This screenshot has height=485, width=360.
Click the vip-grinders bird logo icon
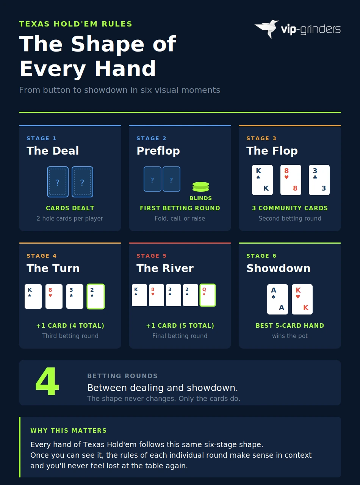[x=267, y=28]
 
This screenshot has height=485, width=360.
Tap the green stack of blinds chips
[x=201, y=187]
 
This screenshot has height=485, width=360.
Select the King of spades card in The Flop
[x=262, y=180]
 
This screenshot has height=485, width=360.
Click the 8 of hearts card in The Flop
[x=291, y=180]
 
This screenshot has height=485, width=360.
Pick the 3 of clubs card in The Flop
[x=319, y=180]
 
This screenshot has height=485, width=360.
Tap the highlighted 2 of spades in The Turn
[x=95, y=296]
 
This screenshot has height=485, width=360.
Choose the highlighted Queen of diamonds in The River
[x=208, y=295]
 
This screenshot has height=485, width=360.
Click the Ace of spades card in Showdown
[x=277, y=299]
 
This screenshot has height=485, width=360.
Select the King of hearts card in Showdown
[x=302, y=299]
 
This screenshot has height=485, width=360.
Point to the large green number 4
[x=47, y=382]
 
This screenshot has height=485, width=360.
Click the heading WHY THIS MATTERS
[x=69, y=430]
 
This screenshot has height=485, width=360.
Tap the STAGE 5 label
[x=152, y=256]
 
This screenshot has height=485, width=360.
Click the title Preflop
[x=158, y=151]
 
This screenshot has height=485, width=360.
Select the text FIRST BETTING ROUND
[x=180, y=208]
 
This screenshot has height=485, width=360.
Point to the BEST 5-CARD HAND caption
[x=290, y=325]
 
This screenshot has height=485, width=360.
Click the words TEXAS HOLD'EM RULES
[x=75, y=24]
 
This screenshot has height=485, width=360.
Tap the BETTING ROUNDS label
[x=122, y=376]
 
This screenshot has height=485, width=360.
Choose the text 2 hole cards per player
[x=70, y=218]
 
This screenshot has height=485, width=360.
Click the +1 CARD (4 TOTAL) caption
[x=70, y=325]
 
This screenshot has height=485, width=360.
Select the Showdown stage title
[x=279, y=268]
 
